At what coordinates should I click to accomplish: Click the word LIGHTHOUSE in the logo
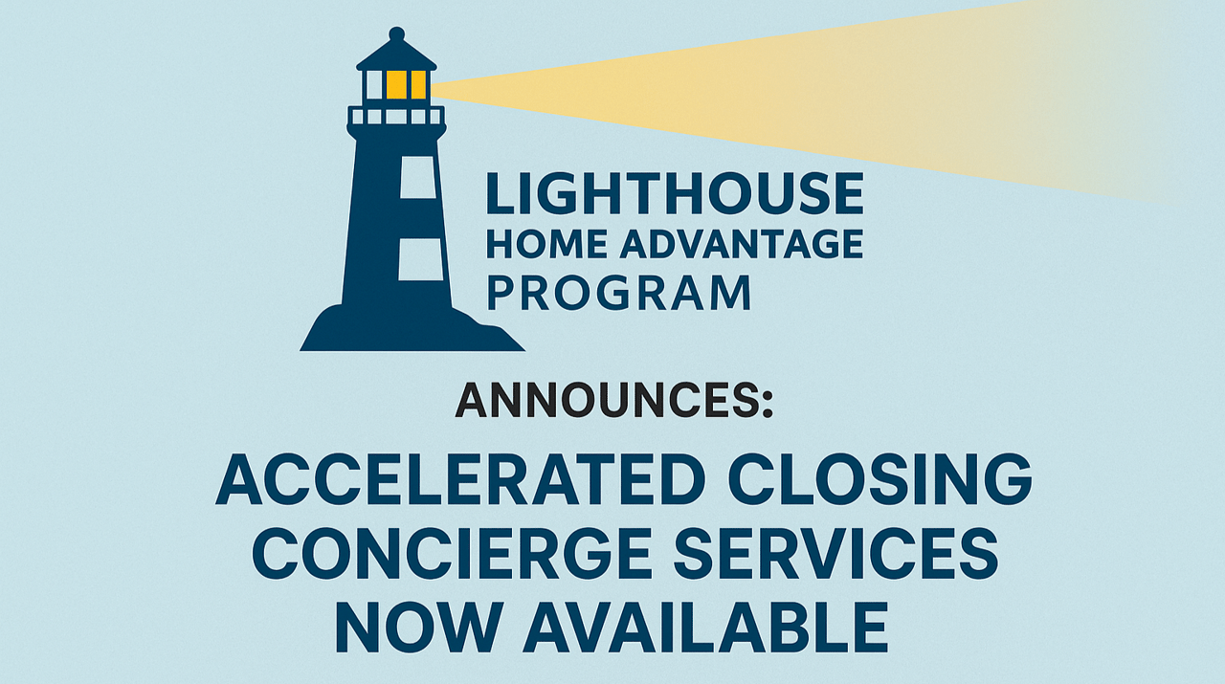click(675, 193)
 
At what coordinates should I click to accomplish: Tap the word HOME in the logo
click(546, 244)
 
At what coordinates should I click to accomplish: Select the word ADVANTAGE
click(742, 244)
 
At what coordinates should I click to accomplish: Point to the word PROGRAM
click(619, 294)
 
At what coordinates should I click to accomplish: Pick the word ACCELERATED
click(461, 479)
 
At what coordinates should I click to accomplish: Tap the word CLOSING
click(880, 479)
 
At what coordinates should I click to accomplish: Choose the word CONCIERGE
click(452, 553)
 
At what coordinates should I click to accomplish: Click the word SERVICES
click(835, 553)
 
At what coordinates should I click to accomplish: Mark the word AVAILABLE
click(705, 628)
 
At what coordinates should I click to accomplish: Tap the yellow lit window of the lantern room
click(407, 85)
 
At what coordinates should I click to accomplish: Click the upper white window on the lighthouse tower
click(418, 177)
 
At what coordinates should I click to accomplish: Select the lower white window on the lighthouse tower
click(420, 259)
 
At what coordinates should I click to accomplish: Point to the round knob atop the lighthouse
click(396, 33)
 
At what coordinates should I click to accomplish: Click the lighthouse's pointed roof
click(396, 55)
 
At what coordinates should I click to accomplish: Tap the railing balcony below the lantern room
click(396, 116)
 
